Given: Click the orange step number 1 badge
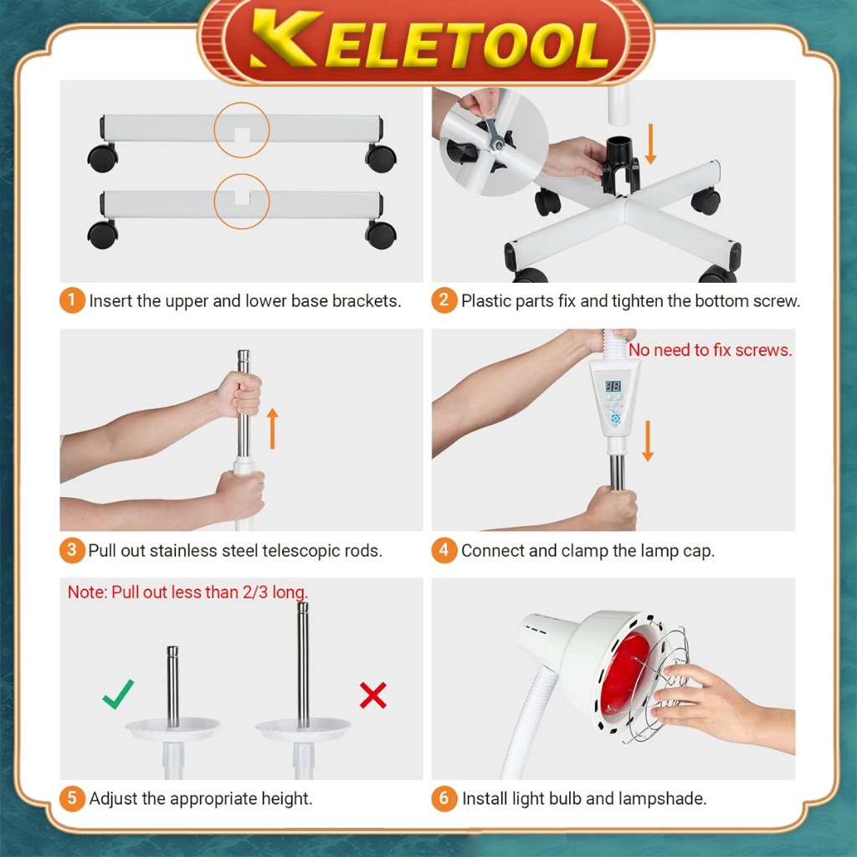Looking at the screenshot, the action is [x=72, y=300].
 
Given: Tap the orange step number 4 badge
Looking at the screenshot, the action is [x=444, y=550].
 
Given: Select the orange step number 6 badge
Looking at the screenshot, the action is [x=444, y=798].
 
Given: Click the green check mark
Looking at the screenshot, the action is [x=118, y=694].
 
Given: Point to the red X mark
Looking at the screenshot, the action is [x=373, y=695].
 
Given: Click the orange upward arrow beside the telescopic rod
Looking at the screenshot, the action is [x=273, y=429].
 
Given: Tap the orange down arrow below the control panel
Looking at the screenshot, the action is [x=648, y=440].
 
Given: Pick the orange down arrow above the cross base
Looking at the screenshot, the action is [x=649, y=144].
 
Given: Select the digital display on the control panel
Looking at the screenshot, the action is [x=613, y=387].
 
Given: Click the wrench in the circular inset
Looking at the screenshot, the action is [x=494, y=135].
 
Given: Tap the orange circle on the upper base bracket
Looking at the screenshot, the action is [x=242, y=130].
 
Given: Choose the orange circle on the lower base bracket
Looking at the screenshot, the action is [x=242, y=201].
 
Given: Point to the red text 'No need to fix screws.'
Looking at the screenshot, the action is [x=710, y=350].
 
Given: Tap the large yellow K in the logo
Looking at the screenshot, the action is [x=285, y=38].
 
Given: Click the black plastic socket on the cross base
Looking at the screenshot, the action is [x=620, y=165].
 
